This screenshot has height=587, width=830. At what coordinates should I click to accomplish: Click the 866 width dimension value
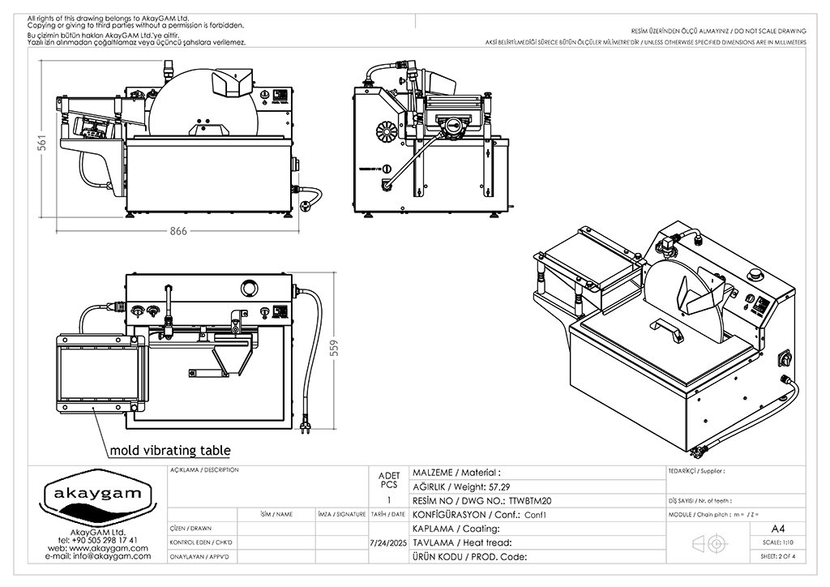tap(178, 231)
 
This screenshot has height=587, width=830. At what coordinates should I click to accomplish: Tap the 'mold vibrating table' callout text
tap(169, 450)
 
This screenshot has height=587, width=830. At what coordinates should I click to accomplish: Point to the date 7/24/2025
tap(387, 542)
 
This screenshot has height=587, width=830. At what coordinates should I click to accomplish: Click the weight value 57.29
tap(498, 486)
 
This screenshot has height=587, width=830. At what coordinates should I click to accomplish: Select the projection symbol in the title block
tap(704, 543)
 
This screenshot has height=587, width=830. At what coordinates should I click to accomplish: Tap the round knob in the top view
tap(249, 288)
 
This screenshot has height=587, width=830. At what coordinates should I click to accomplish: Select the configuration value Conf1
tap(536, 515)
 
